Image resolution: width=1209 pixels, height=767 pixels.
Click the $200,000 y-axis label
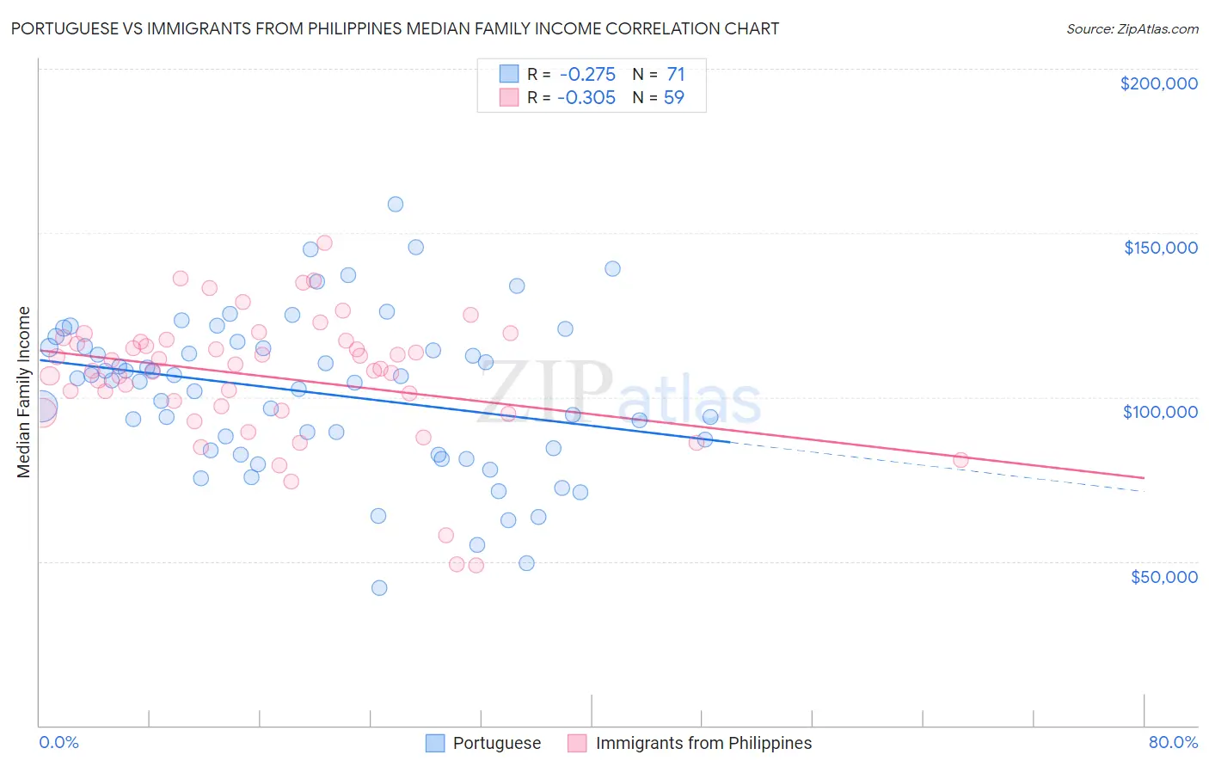pyautogui.click(x=1158, y=83)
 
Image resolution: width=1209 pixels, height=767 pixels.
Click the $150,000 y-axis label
pyautogui.click(x=1160, y=248)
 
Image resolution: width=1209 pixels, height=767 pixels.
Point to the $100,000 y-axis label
pyautogui.click(x=1160, y=412)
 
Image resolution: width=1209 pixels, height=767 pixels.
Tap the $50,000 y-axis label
pyautogui.click(x=1163, y=576)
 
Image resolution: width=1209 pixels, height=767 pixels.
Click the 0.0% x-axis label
pyautogui.click(x=58, y=742)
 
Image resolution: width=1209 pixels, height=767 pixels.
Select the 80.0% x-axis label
pyautogui.click(x=1173, y=742)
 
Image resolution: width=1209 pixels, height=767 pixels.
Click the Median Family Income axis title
pyautogui.click(x=24, y=391)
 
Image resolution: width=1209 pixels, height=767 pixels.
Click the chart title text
pyautogui.click(x=395, y=28)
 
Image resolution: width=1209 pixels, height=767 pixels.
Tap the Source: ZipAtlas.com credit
pyautogui.click(x=1132, y=28)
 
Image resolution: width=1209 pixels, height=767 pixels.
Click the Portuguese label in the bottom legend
pyautogui.click(x=496, y=743)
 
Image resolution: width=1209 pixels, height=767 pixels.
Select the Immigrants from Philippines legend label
pyautogui.click(x=703, y=743)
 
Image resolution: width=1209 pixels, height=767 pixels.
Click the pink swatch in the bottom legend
pyautogui.click(x=577, y=743)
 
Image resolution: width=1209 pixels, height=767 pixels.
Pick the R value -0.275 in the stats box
pyautogui.click(x=586, y=75)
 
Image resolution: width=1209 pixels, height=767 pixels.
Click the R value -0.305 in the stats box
pyautogui.click(x=586, y=97)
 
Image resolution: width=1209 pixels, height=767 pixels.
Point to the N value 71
pyautogui.click(x=676, y=75)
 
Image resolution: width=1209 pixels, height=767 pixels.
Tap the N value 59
pyautogui.click(x=674, y=97)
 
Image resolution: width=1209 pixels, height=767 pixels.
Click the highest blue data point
pyautogui.click(x=396, y=204)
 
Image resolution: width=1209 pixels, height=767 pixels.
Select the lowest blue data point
pyautogui.click(x=379, y=588)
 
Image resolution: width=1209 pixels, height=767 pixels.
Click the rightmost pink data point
pyautogui.click(x=960, y=460)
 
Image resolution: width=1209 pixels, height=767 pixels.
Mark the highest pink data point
pyautogui.click(x=324, y=242)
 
